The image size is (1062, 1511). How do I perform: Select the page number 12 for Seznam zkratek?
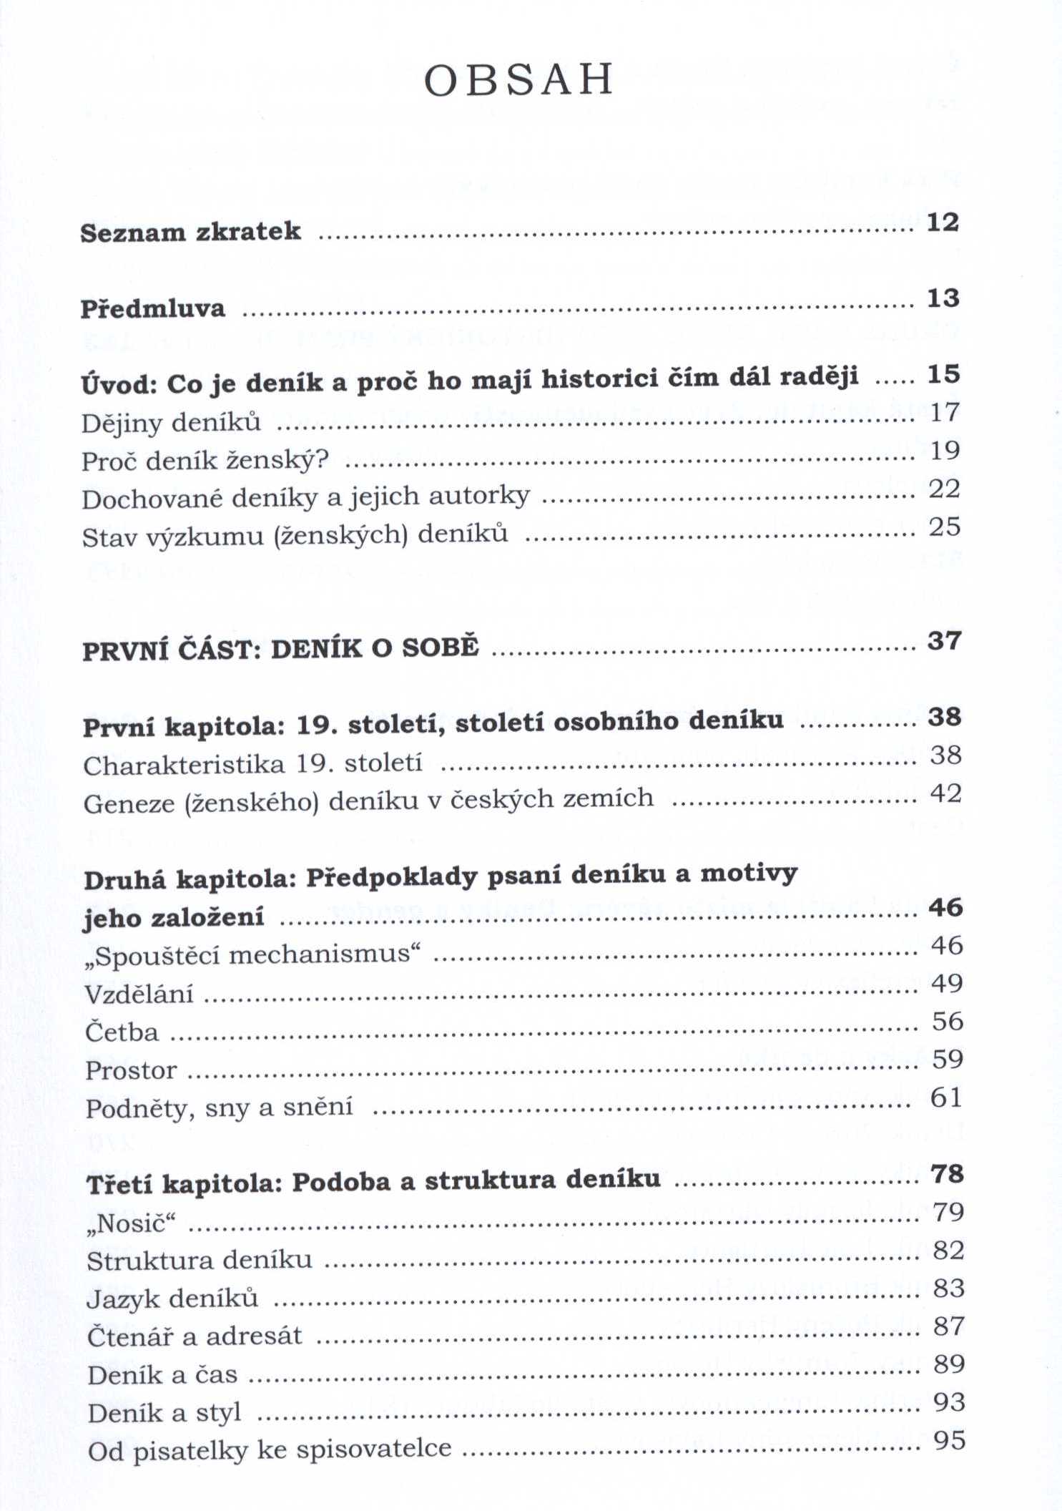tap(942, 223)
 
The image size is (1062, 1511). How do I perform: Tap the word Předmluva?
tap(152, 308)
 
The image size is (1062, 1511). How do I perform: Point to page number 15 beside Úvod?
tap(943, 374)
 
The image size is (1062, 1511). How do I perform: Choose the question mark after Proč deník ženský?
tap(322, 459)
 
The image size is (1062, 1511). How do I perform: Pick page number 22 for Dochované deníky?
tap(944, 489)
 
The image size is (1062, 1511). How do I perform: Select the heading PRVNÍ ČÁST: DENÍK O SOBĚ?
tap(280, 649)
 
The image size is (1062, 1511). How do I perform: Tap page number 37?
tap(943, 640)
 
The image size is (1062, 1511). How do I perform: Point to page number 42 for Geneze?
tap(945, 793)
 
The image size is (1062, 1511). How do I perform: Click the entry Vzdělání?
tap(139, 994)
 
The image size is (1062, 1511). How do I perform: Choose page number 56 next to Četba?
tap(947, 1021)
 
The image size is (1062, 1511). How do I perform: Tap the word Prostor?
tap(131, 1070)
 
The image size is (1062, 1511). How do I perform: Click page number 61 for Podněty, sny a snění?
tap(945, 1097)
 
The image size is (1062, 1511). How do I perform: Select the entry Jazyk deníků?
tap(172, 1299)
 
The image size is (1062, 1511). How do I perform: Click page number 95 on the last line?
tap(949, 1440)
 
